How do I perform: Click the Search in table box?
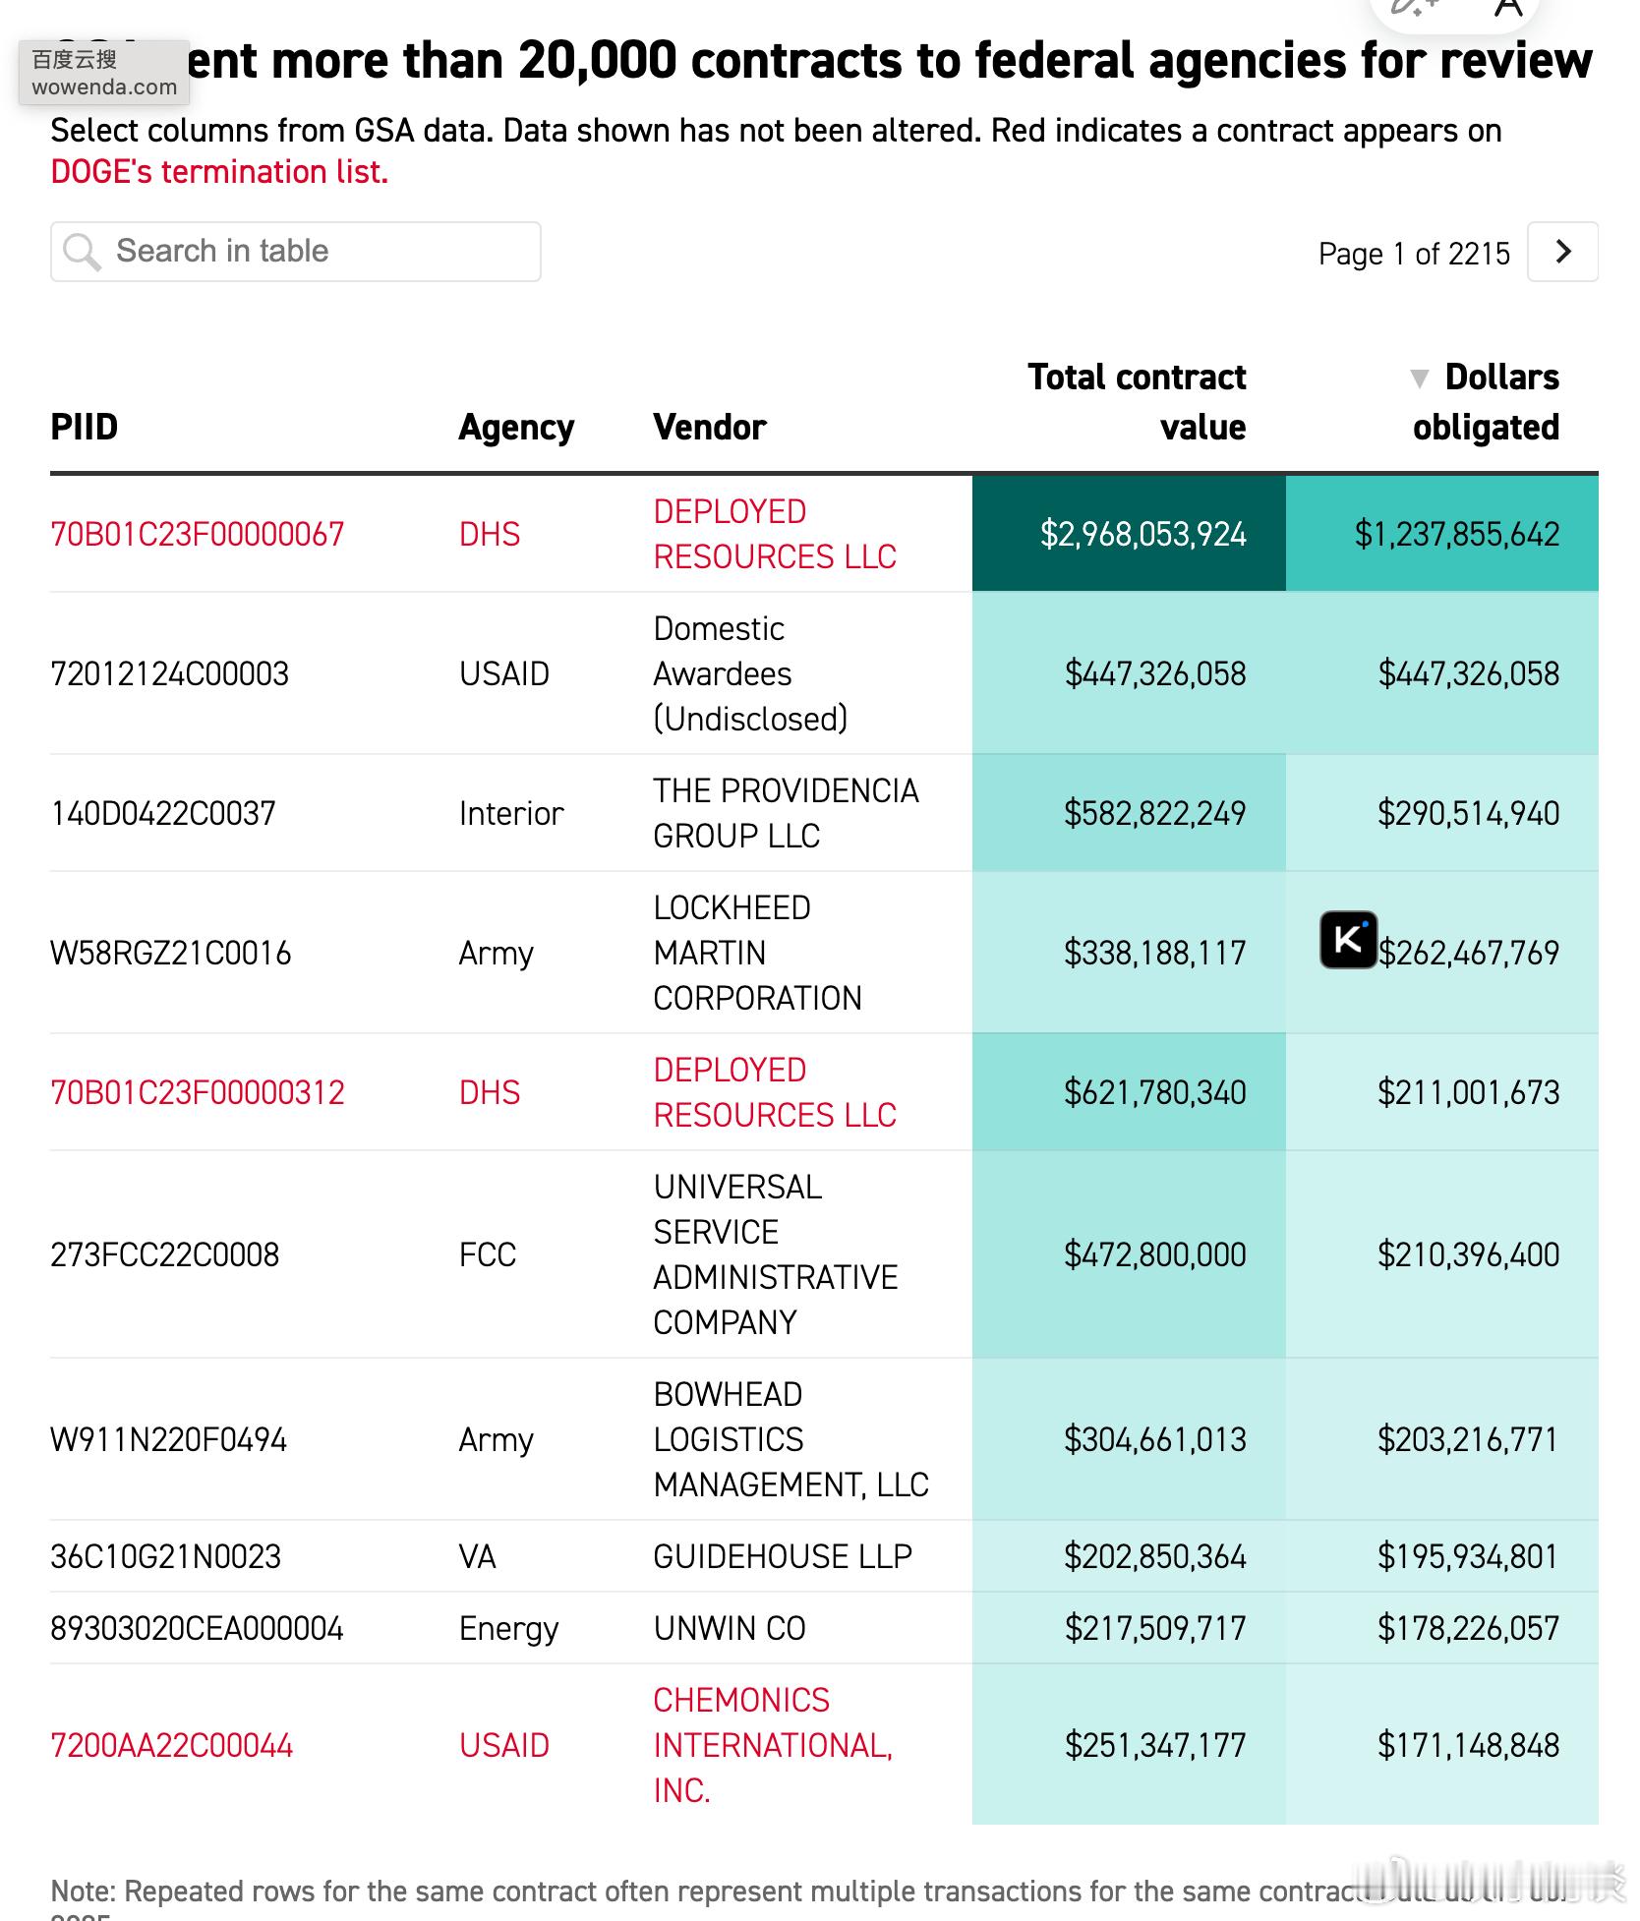coord(295,252)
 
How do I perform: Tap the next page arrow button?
coord(1562,252)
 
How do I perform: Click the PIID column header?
coord(85,428)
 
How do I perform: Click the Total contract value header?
coord(1137,402)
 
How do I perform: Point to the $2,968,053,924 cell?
coord(1142,534)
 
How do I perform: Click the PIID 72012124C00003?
coord(169,674)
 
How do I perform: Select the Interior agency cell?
coord(511,814)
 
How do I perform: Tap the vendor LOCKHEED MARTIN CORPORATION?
coord(756,953)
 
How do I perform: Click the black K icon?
coord(1348,940)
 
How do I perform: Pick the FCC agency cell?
coord(488,1255)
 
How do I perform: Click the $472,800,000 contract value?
coord(1154,1255)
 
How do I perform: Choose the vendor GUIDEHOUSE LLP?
coord(783,1556)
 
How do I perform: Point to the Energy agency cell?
coord(508,1629)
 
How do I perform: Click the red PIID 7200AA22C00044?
coord(172,1746)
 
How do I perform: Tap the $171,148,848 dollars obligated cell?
coord(1468,1746)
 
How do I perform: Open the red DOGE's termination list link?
coord(219,172)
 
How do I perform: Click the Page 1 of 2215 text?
coord(1413,254)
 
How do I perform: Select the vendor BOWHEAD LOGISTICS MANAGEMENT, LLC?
coord(791,1439)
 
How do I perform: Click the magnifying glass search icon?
coord(82,252)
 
